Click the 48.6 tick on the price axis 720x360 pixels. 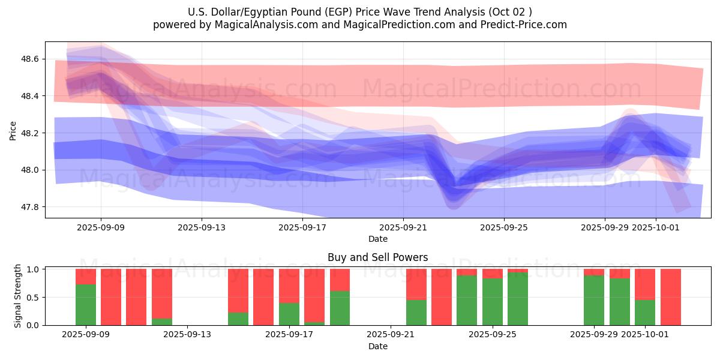pyautogui.click(x=30, y=59)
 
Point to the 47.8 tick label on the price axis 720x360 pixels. pyautogui.click(x=30, y=207)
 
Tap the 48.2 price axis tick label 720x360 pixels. pyautogui.click(x=30, y=133)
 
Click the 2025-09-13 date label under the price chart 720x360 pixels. pyautogui.click(x=202, y=227)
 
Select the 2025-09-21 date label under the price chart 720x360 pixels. pyautogui.click(x=403, y=227)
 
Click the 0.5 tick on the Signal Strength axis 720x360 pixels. pyautogui.click(x=32, y=297)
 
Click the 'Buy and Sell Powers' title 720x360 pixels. pyautogui.click(x=377, y=257)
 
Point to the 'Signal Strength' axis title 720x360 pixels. pyautogui.click(x=18, y=296)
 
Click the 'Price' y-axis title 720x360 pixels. pyautogui.click(x=13, y=131)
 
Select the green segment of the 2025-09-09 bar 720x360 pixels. pyautogui.click(x=86, y=305)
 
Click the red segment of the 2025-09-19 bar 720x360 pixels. pyautogui.click(x=340, y=280)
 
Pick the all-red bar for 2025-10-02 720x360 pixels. pyautogui.click(x=670, y=297)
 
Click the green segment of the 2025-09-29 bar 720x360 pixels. pyautogui.click(x=594, y=300)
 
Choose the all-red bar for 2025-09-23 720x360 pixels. pyautogui.click(x=442, y=297)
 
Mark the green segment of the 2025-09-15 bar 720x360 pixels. pyautogui.click(x=238, y=319)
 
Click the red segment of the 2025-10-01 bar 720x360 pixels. pyautogui.click(x=645, y=284)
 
